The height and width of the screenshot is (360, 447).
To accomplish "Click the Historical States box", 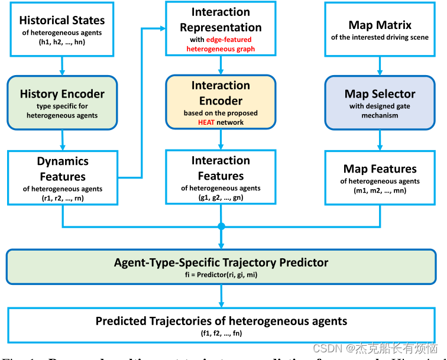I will [61, 30].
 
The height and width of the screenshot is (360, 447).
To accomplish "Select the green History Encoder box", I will [62, 102].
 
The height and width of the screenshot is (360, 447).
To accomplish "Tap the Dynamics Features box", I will [63, 176].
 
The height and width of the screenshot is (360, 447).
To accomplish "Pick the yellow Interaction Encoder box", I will [221, 102].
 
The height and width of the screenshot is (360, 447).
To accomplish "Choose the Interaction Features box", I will [221, 176].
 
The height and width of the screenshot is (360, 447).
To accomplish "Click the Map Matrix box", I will [380, 30].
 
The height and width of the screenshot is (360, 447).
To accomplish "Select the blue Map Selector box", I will [380, 102].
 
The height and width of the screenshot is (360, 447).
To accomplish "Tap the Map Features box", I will [380, 176].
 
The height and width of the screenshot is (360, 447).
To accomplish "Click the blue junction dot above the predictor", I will [221, 226].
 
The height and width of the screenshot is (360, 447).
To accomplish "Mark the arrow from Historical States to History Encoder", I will [62, 66].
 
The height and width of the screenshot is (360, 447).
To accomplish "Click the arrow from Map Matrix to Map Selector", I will [380, 66].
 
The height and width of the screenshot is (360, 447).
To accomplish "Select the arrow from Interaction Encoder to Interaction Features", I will [221, 139].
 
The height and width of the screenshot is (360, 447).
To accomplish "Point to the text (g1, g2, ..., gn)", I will [221, 197].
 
